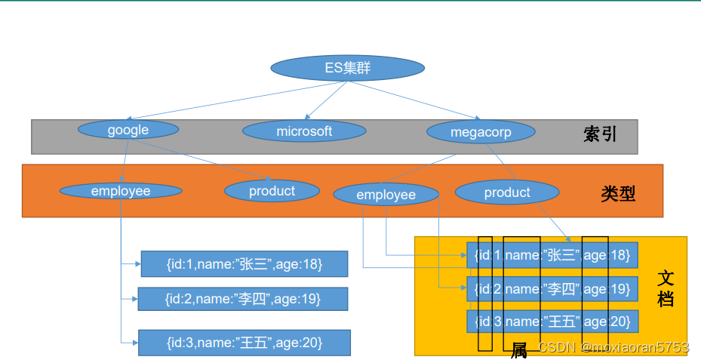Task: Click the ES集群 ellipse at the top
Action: [347, 69]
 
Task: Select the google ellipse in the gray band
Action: [128, 130]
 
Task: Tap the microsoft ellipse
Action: [304, 131]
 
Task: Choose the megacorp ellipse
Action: [481, 132]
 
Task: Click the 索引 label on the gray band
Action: [600, 134]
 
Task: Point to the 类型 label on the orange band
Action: [618, 194]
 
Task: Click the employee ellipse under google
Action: [121, 191]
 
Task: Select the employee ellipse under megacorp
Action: [386, 195]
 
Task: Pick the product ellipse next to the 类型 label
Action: [507, 192]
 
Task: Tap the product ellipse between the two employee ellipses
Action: [272, 191]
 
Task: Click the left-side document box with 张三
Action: [244, 264]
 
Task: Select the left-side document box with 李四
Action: [242, 299]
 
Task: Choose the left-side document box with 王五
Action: [244, 343]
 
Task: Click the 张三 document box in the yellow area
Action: [552, 255]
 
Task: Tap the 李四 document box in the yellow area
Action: [552, 288]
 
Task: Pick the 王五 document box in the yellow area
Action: [552, 322]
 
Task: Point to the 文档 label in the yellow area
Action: [666, 288]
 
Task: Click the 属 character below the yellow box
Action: [519, 351]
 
